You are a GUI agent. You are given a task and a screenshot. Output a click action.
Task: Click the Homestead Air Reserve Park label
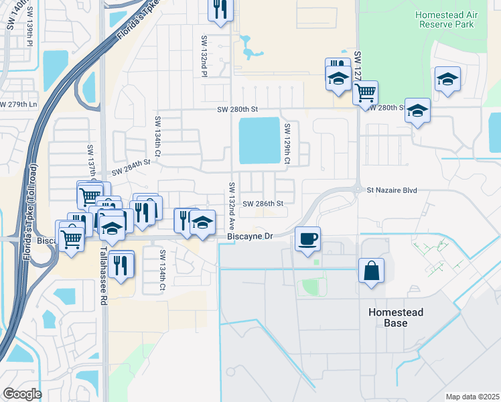click(444, 19)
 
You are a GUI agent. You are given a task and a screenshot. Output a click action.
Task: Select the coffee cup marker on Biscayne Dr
click(307, 239)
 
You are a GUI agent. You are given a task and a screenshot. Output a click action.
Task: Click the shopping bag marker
click(371, 271)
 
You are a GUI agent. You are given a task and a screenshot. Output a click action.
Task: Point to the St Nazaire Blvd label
click(392, 190)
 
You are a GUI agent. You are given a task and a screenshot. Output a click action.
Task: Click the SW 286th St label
click(263, 203)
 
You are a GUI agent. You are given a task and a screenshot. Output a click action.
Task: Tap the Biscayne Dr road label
click(250, 237)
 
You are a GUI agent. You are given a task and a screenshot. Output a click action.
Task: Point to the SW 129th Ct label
click(287, 144)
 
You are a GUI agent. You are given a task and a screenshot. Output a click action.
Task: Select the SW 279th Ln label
click(18, 104)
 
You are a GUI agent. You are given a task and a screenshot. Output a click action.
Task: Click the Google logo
click(22, 393)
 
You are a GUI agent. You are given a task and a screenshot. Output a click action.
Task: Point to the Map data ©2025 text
click(472, 397)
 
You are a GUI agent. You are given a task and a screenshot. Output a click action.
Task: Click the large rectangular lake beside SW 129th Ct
click(259, 141)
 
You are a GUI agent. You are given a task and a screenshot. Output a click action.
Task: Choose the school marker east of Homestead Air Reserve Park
click(447, 78)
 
